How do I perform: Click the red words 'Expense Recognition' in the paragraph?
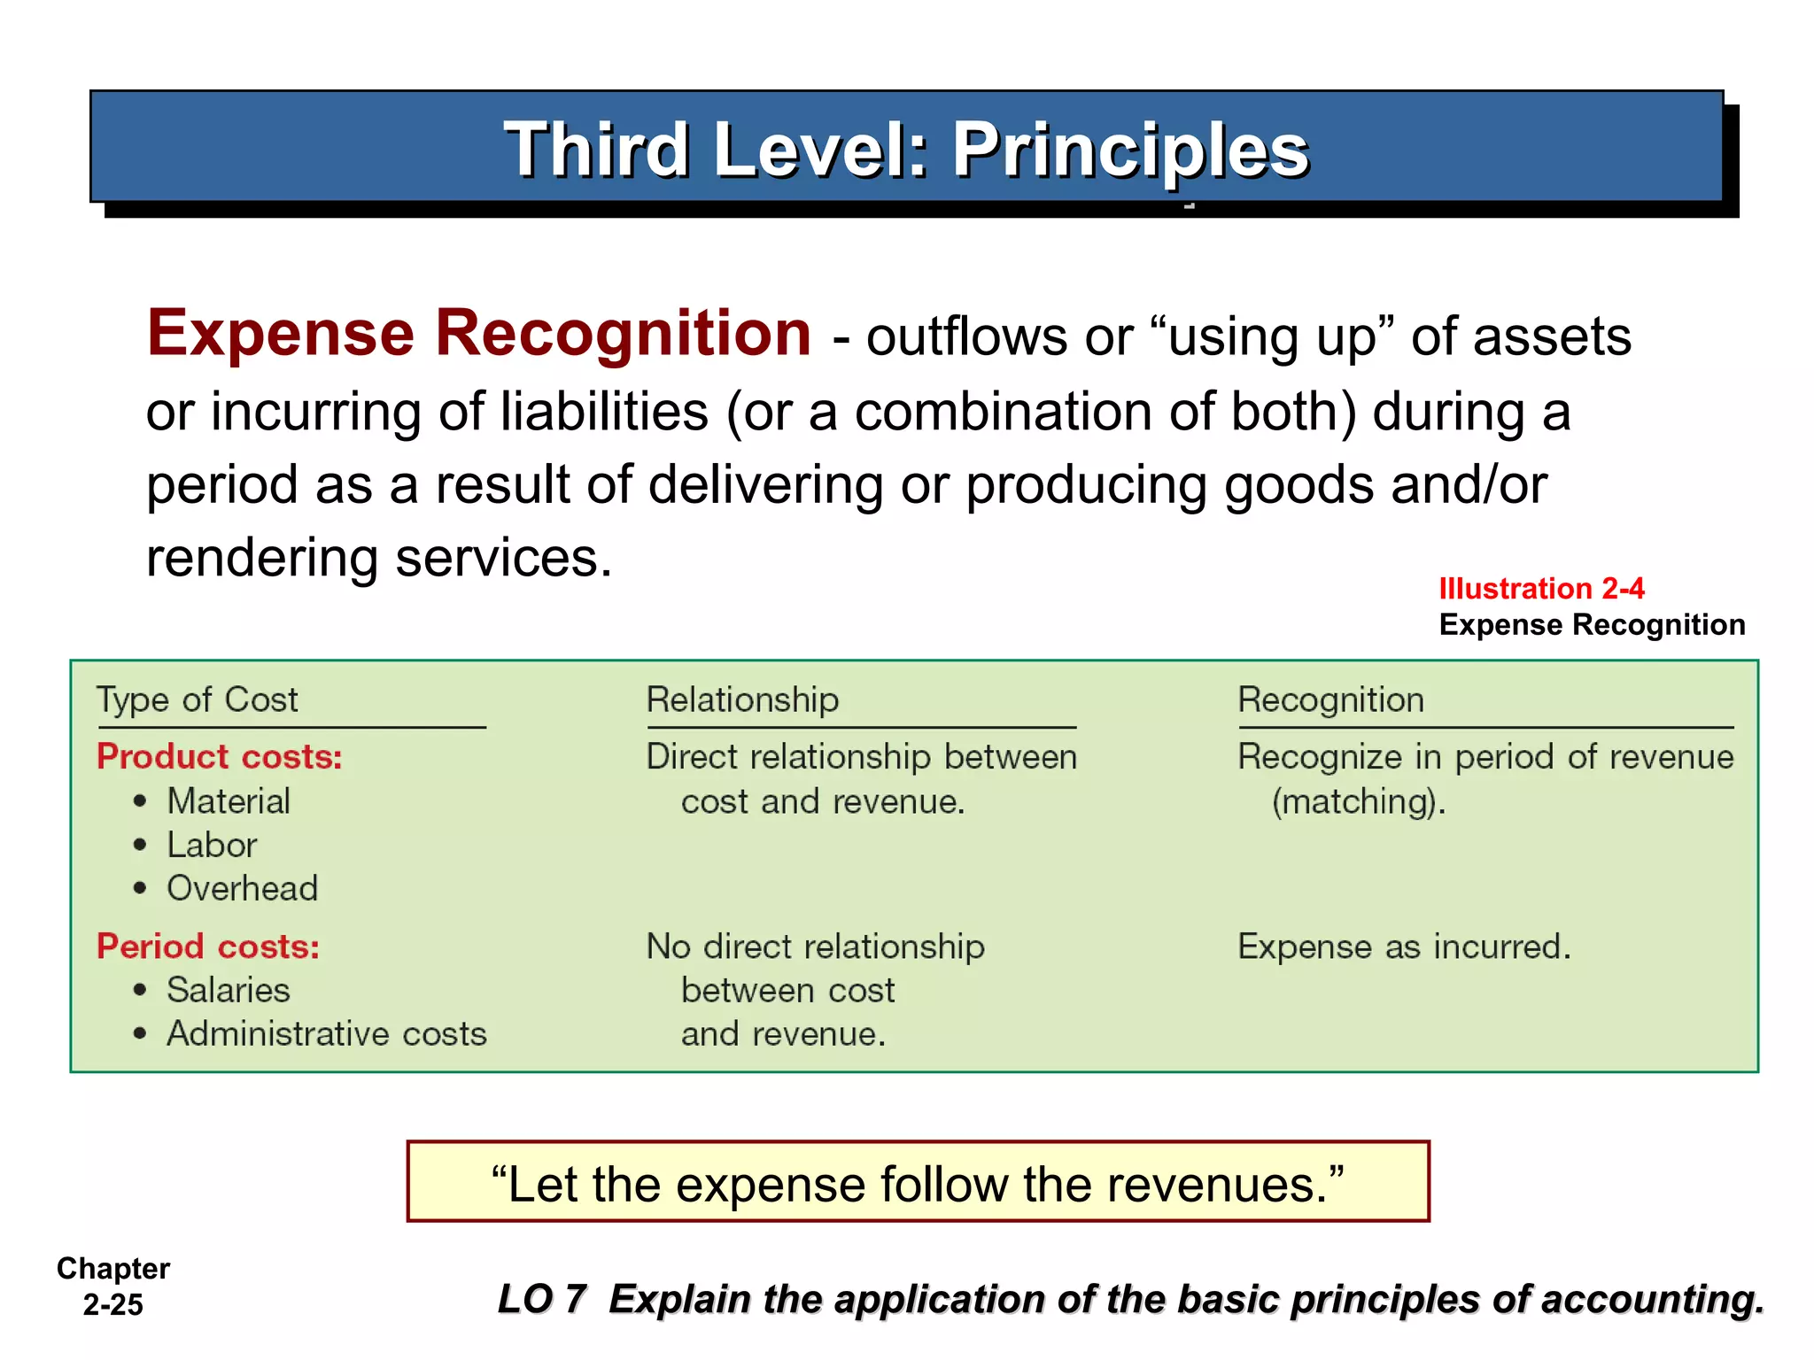click(x=478, y=334)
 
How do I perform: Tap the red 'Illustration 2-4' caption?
click(x=1541, y=588)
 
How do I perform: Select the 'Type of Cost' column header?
click(x=197, y=699)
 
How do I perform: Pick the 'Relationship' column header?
click(x=742, y=699)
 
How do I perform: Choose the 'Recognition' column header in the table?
click(x=1330, y=699)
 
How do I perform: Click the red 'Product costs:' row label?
click(x=219, y=757)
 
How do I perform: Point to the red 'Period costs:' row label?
click(x=207, y=947)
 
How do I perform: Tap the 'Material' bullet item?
click(x=229, y=801)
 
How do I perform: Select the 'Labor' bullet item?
click(x=212, y=845)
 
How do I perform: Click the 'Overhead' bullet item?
click(x=242, y=888)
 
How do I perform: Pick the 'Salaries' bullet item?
click(x=228, y=990)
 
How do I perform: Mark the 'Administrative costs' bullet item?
click(x=327, y=1033)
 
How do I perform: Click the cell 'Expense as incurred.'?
click(x=1404, y=947)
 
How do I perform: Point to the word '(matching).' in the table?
click(x=1359, y=802)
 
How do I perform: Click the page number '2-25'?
click(x=112, y=1305)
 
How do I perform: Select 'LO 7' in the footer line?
click(x=542, y=1299)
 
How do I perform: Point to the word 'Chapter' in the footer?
click(x=113, y=1269)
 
